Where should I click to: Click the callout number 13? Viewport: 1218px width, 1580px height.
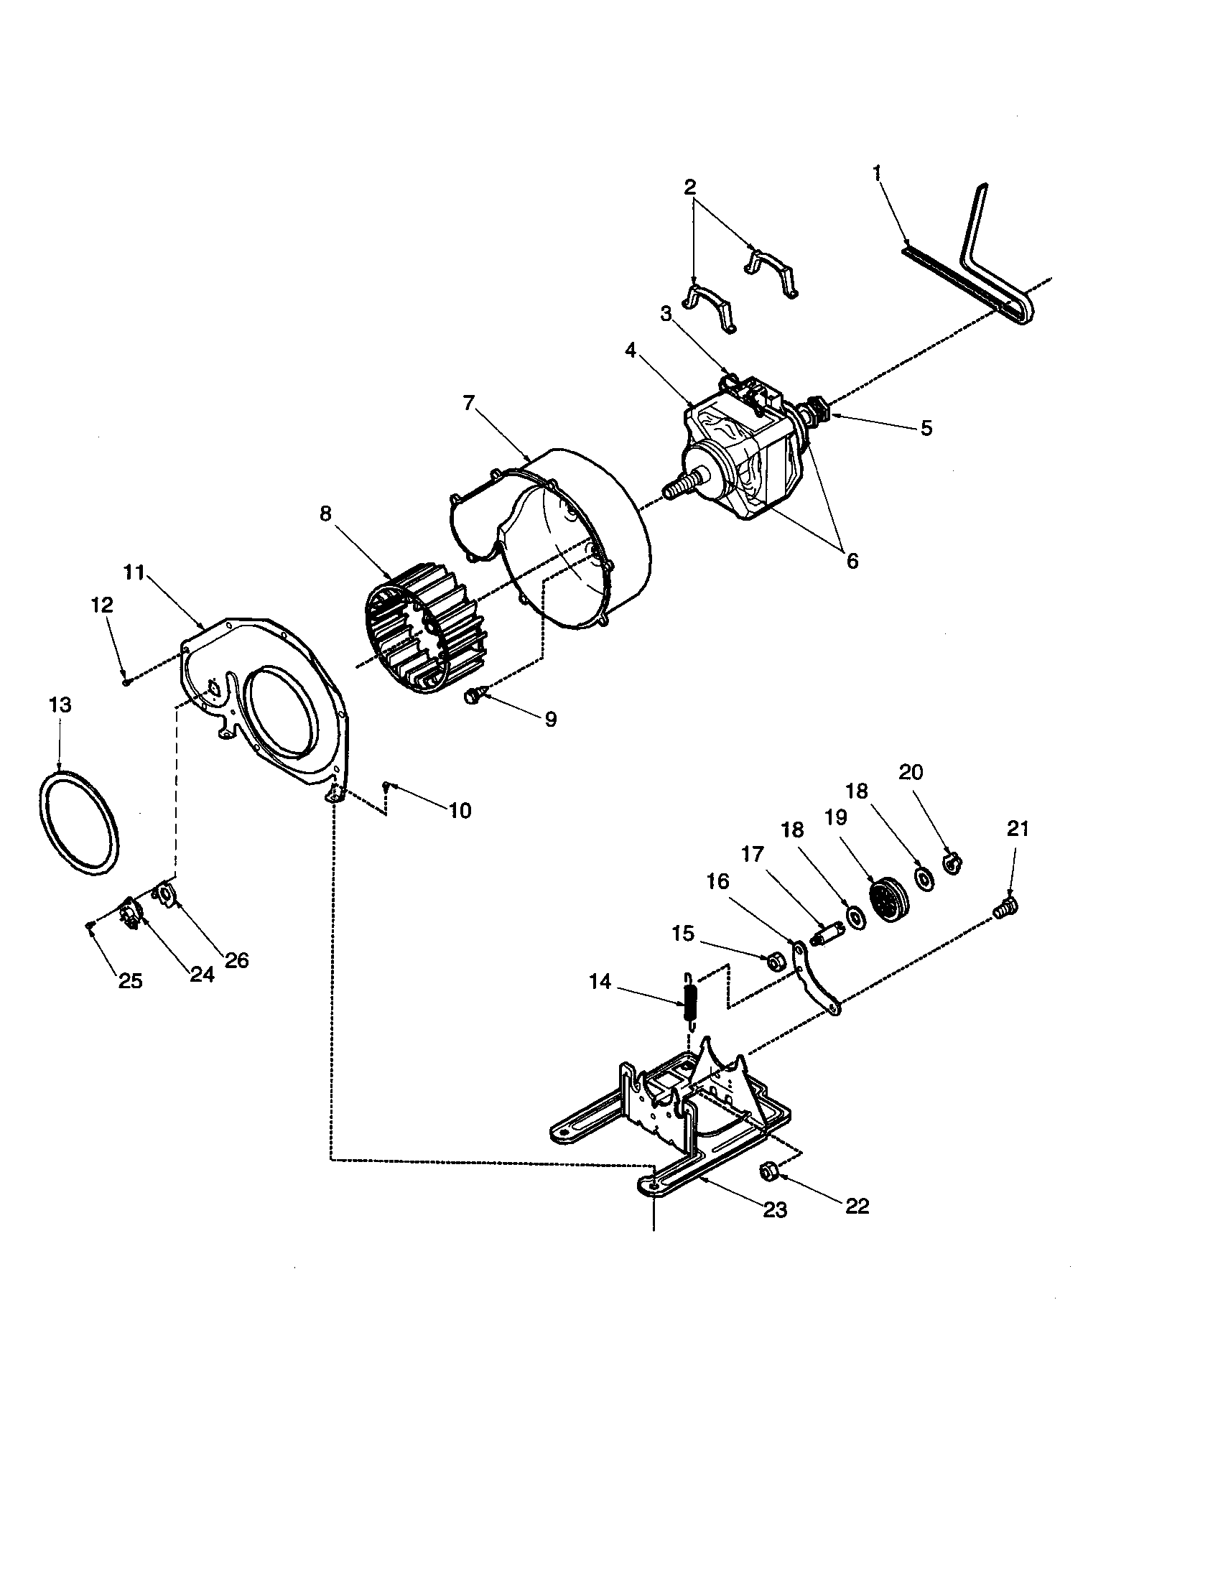click(x=60, y=705)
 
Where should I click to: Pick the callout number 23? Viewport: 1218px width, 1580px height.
click(x=776, y=1209)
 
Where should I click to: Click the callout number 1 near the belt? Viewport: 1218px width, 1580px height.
click(x=878, y=173)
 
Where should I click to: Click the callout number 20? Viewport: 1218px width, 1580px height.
click(x=911, y=772)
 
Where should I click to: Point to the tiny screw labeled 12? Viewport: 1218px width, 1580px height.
click(x=126, y=680)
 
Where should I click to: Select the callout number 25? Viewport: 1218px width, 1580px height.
click(x=130, y=981)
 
